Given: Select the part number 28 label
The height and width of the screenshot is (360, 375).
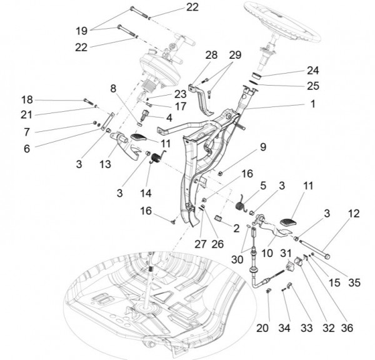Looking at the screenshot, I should tap(211, 56).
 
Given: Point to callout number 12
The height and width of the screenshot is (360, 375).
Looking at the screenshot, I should tap(354, 213).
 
